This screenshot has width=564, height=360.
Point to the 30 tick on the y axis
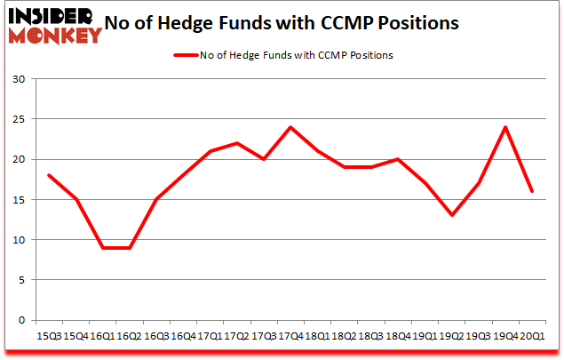[18, 79]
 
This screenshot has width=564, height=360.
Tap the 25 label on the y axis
[18, 119]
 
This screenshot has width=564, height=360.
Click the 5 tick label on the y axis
[21, 280]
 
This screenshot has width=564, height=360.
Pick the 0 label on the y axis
[21, 320]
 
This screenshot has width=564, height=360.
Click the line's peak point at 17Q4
[290, 127]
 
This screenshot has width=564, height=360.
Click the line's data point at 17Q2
[237, 143]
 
